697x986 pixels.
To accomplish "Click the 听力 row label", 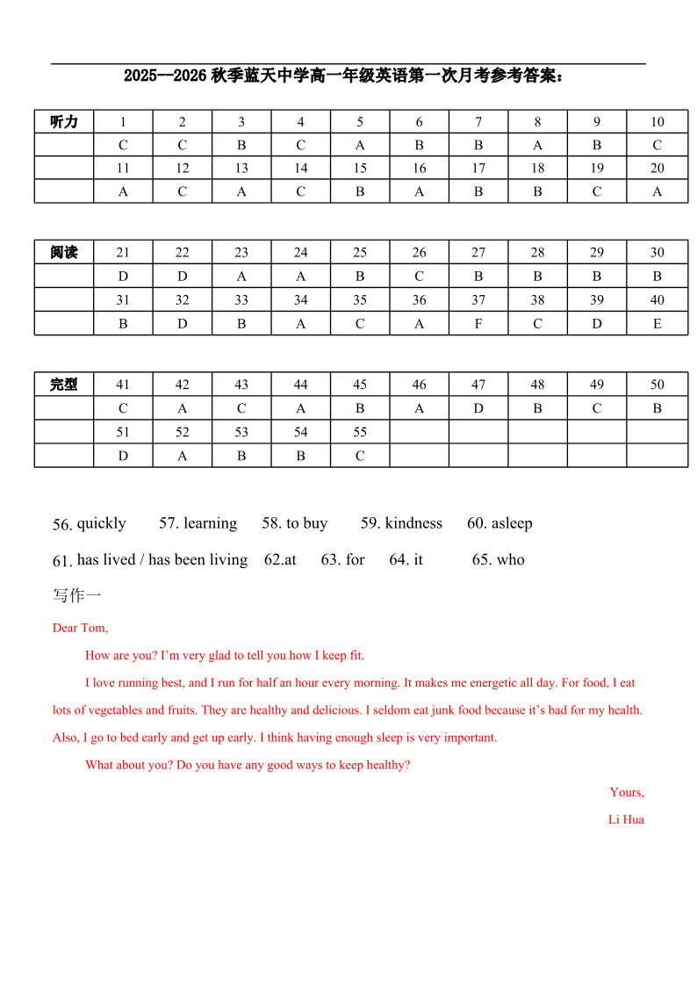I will [64, 122].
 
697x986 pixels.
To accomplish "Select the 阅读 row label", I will [64, 253].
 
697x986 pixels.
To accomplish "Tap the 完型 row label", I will [64, 385].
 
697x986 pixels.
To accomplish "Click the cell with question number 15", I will [360, 169].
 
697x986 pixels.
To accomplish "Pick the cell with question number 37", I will [478, 300].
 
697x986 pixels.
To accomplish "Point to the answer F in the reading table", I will [478, 324].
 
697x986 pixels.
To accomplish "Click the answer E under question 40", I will [657, 324].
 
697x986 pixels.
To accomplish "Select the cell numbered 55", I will [360, 432].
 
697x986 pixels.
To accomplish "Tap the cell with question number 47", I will [478, 385].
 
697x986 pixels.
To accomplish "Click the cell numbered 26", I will [420, 253].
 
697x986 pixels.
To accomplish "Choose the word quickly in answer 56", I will [102, 523].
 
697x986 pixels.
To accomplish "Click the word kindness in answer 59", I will [413, 523].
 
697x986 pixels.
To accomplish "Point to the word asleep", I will [512, 523].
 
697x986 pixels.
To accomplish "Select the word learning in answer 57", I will [210, 523].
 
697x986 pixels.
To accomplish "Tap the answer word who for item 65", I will [511, 560].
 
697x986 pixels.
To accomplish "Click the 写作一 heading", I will [77, 596].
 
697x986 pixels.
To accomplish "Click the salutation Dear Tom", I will [80, 628].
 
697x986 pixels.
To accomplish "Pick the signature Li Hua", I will [626, 820].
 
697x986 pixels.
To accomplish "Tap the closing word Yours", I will [627, 793].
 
